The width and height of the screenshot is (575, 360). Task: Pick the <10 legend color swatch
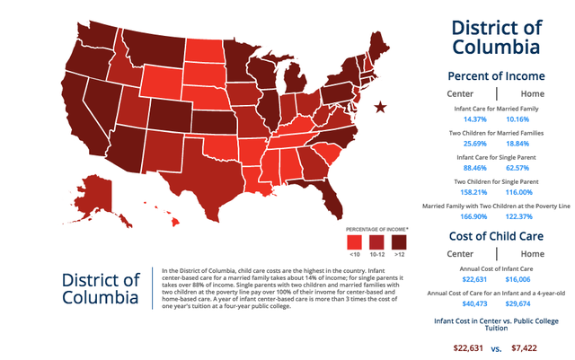tap(354, 241)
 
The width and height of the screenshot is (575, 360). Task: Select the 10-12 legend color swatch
tap(376, 241)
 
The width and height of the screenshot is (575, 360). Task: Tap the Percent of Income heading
tap(496, 76)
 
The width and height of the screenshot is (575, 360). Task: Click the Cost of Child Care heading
tap(496, 236)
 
